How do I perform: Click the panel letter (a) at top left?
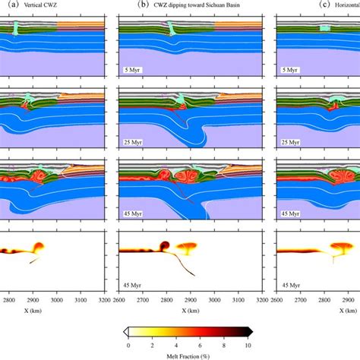6,5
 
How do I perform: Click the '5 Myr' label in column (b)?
133,70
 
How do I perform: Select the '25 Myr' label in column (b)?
134,142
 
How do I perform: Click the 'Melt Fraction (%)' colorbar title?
187,354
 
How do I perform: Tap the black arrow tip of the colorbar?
250,333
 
